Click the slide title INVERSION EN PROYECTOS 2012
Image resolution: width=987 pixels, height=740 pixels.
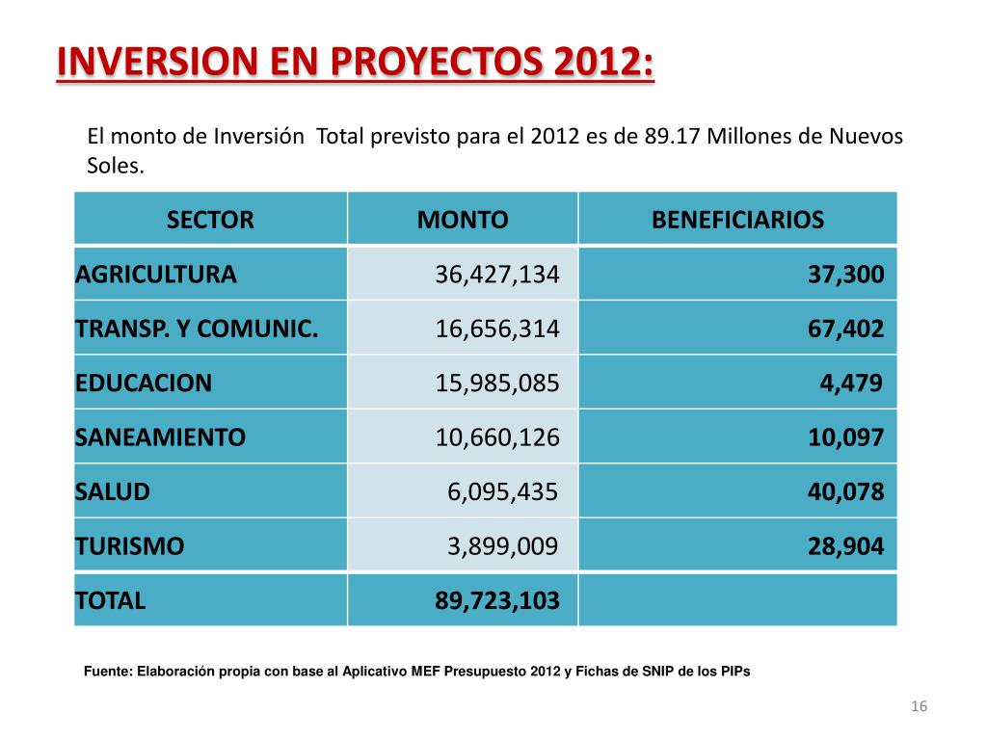[x=355, y=65]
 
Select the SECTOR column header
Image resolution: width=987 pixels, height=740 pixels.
[x=210, y=220]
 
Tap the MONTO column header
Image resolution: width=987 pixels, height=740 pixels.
[x=463, y=220]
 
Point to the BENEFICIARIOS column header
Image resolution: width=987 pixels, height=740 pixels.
[x=737, y=220]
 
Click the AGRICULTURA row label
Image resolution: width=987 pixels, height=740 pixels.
[x=156, y=275]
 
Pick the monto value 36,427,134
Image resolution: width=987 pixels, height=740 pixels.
[x=497, y=275]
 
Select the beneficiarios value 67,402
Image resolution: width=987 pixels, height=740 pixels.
[x=845, y=330]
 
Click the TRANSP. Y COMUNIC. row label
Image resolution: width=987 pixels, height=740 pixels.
[x=197, y=330]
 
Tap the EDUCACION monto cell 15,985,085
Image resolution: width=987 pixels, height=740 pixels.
[x=497, y=383]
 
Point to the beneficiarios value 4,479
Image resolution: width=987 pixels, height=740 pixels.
[x=851, y=383]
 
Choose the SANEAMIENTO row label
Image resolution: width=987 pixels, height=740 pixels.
[x=161, y=437]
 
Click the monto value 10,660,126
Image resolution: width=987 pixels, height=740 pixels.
[x=497, y=437]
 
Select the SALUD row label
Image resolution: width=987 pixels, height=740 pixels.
[x=113, y=492]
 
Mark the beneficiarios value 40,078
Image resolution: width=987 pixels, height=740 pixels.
[x=845, y=492]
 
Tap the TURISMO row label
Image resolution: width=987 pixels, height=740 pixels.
[x=130, y=547]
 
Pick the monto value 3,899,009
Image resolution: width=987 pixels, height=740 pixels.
[x=503, y=547]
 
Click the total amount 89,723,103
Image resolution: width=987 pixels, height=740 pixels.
[x=497, y=601]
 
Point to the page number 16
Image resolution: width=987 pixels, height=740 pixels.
[x=919, y=708]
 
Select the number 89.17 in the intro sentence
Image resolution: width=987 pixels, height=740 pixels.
[x=672, y=136]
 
